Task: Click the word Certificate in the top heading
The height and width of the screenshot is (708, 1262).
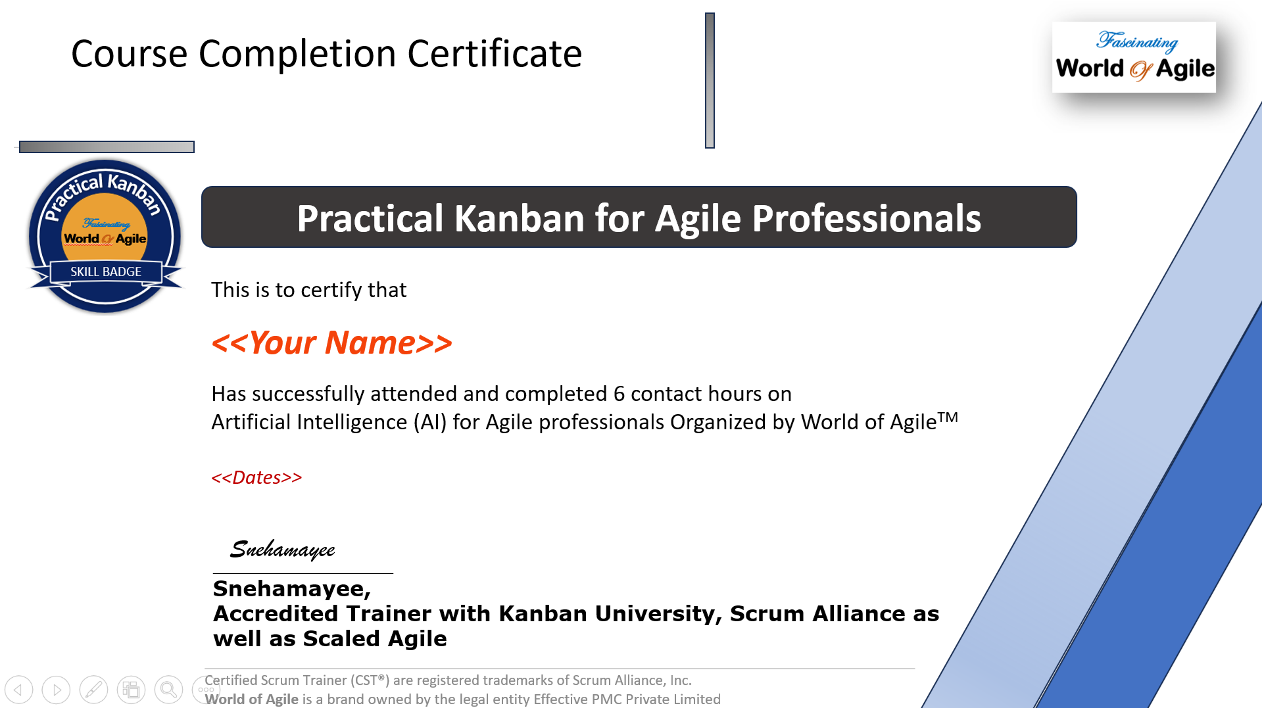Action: pyautogui.click(x=495, y=54)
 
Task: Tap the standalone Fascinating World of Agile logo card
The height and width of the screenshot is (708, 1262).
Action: pyautogui.click(x=1134, y=57)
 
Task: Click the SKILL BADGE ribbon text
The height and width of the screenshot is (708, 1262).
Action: pyautogui.click(x=106, y=271)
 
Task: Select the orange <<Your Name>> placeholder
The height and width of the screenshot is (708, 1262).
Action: pyautogui.click(x=331, y=343)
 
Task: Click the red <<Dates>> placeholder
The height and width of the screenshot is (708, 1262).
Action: pyautogui.click(x=256, y=477)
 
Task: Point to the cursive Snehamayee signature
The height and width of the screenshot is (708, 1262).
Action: pyautogui.click(x=283, y=550)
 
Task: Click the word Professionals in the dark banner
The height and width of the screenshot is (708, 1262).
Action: pyautogui.click(x=866, y=218)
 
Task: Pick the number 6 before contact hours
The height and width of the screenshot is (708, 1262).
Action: pyautogui.click(x=619, y=394)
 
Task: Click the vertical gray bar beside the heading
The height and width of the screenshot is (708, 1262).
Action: pyautogui.click(x=710, y=80)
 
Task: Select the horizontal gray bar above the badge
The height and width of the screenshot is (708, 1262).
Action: pyautogui.click(x=107, y=147)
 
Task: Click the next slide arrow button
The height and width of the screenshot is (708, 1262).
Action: pyautogui.click(x=57, y=690)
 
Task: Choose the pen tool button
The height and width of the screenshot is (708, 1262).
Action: pyautogui.click(x=93, y=690)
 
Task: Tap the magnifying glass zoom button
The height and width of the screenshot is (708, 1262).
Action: pyautogui.click(x=168, y=690)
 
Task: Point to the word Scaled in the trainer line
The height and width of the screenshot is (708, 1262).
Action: pyautogui.click(x=341, y=638)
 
